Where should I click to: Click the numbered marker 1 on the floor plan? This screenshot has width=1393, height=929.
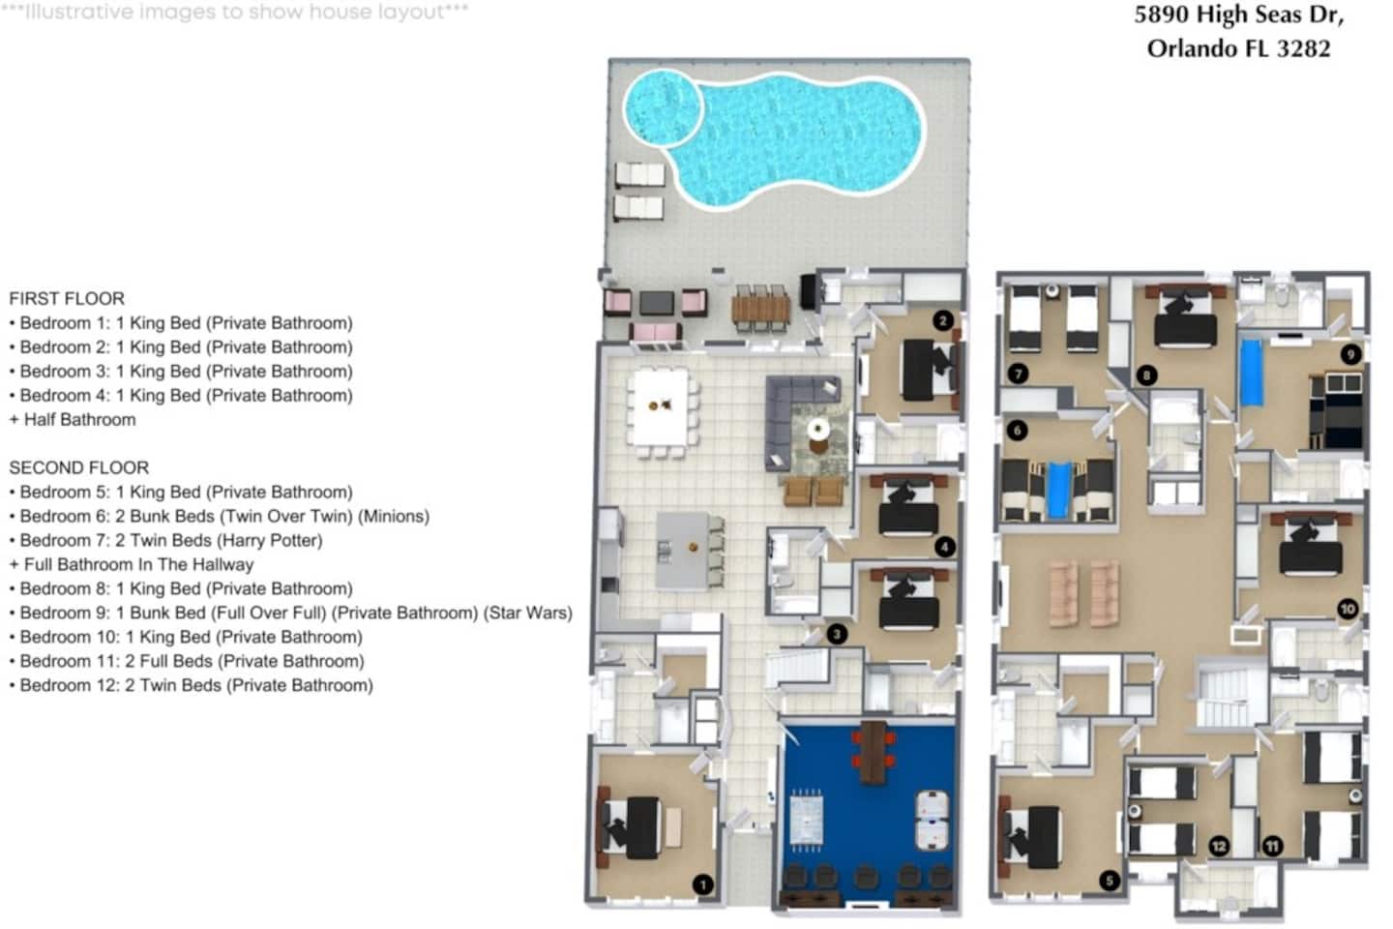point(702,884)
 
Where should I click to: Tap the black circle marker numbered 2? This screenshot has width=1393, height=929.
point(943,320)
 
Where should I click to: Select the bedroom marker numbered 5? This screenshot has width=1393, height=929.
point(1110,880)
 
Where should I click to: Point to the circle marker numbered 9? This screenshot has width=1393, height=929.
point(1350,354)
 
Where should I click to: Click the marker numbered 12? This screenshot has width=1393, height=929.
point(1219,846)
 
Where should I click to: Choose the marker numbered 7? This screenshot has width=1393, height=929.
point(1018,374)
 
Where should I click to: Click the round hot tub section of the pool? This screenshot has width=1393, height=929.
point(664,108)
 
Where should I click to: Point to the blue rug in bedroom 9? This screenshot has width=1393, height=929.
point(1251,373)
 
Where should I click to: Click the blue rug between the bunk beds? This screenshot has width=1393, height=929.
point(1059,490)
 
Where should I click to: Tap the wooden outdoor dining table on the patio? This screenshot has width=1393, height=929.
point(760,308)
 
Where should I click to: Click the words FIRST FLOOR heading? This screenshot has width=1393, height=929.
point(67,299)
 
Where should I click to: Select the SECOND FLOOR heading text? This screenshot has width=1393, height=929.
point(79,468)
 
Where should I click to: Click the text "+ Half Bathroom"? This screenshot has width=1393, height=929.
point(73,419)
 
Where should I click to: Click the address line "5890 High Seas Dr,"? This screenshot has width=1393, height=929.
point(1239,15)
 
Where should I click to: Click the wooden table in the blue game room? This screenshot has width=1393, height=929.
point(874,751)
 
